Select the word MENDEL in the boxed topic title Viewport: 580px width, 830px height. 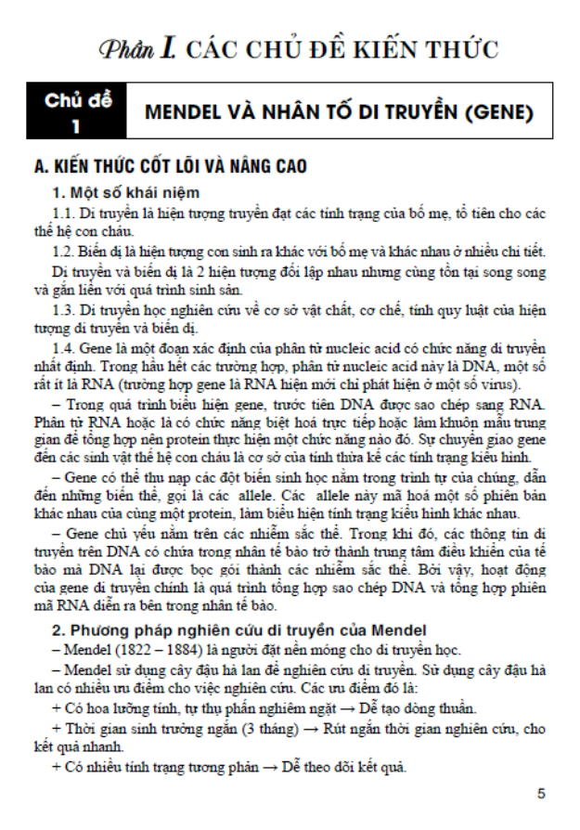click(x=184, y=113)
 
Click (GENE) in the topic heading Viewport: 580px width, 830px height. click(x=501, y=113)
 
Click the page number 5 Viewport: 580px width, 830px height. click(x=542, y=795)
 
